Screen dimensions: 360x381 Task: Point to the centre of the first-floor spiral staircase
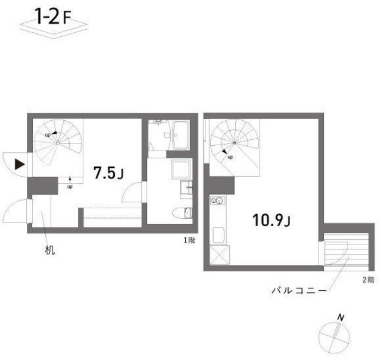click(x=57, y=143)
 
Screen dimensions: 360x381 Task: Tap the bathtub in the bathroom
click(x=180, y=136)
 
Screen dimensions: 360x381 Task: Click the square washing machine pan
click(x=180, y=170)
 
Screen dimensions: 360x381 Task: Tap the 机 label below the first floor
click(x=50, y=251)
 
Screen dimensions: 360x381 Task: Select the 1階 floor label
click(x=189, y=240)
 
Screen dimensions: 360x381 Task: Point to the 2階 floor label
click(x=367, y=279)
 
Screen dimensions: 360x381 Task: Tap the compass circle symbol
click(x=331, y=337)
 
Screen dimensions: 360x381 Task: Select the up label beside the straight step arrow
click(x=70, y=186)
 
